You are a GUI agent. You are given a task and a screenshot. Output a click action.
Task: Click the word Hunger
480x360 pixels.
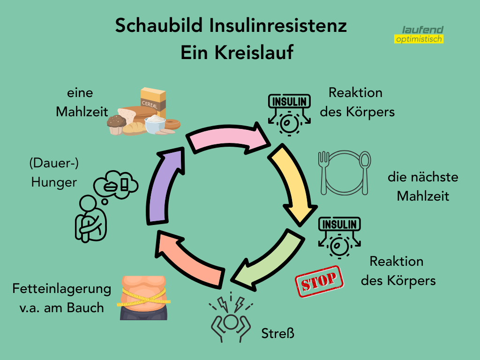pos(54,182)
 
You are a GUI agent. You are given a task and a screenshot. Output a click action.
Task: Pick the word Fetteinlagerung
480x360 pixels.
pos(62,288)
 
